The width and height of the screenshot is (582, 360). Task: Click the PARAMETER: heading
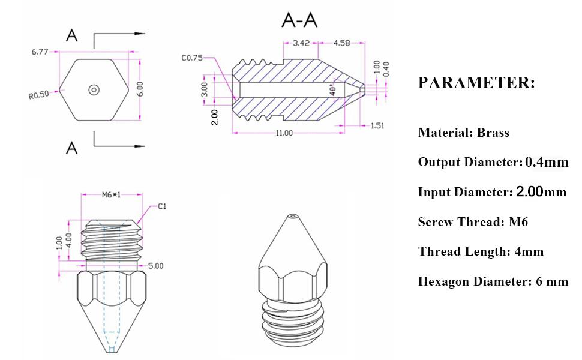(476, 83)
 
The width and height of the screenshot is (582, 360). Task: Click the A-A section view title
(299, 20)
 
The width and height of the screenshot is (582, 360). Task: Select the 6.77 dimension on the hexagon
(41, 52)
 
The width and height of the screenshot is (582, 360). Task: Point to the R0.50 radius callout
(38, 95)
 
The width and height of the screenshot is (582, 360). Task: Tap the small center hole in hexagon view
(94, 90)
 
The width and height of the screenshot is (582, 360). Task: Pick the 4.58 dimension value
(340, 43)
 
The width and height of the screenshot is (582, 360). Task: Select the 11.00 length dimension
(284, 133)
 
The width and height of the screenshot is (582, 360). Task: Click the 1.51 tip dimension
(376, 125)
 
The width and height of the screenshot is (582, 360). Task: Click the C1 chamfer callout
(162, 206)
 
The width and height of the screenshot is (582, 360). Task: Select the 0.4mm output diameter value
(546, 162)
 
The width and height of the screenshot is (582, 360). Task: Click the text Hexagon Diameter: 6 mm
(493, 281)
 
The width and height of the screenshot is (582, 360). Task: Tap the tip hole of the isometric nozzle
(292, 215)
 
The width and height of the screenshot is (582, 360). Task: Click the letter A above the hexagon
(72, 36)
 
